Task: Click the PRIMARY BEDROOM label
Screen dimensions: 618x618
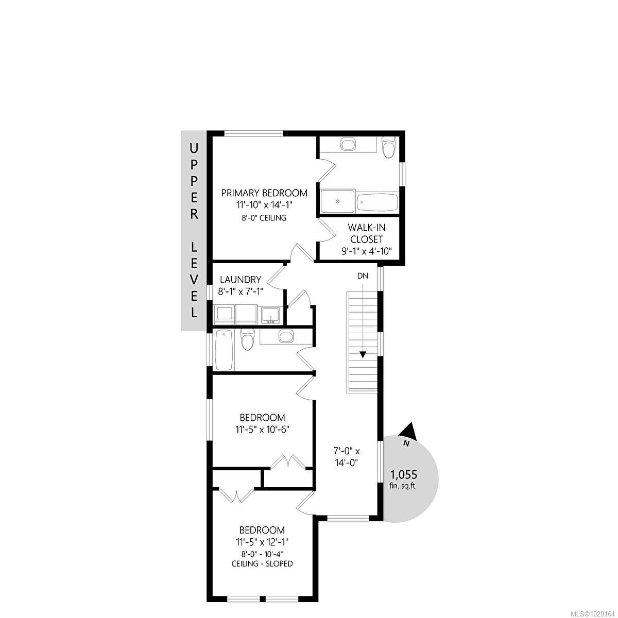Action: pos(264,193)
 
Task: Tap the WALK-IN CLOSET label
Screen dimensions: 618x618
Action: pos(367,233)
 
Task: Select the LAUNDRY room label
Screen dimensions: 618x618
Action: pos(241,280)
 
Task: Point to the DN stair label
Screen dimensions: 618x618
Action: pos(363,276)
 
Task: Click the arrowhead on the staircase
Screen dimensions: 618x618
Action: pos(363,354)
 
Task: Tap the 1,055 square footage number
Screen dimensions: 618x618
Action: pos(404,475)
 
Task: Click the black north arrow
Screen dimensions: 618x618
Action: pos(409,430)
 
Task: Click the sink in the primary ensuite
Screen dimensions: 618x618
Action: pos(349,144)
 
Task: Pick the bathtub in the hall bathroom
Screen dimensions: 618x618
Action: pos(225,350)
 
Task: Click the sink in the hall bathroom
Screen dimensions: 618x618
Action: pos(285,337)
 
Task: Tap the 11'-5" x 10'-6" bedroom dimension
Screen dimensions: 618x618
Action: pos(263,429)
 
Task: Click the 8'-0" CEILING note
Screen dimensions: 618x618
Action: pos(264,218)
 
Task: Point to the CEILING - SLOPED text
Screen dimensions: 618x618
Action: pos(262,563)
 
